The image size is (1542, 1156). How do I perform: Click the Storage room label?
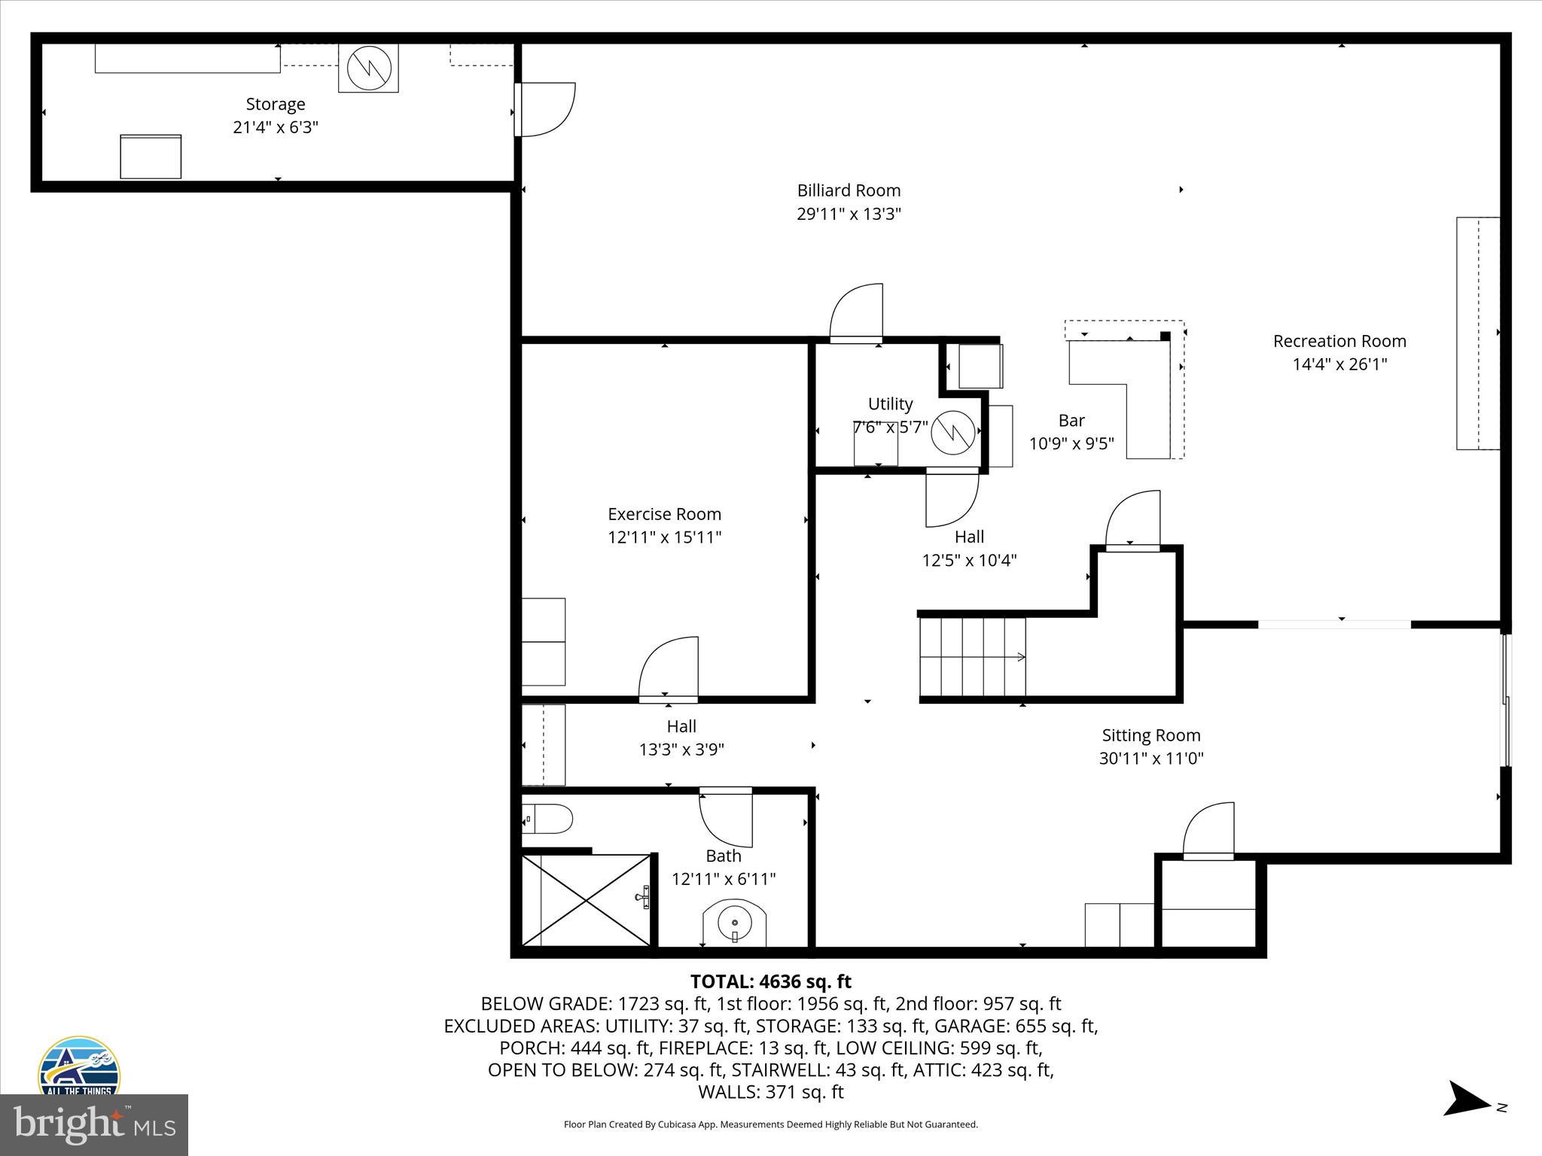(276, 104)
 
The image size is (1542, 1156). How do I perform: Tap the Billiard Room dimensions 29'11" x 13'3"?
(849, 214)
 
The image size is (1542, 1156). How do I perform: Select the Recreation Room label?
(1339, 341)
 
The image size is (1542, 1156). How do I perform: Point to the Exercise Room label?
(664, 514)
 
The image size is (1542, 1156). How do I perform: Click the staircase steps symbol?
(972, 657)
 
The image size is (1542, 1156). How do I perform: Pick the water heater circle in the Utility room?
(953, 433)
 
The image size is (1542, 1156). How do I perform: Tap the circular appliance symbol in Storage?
(369, 68)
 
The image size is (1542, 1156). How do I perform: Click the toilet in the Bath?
(548, 818)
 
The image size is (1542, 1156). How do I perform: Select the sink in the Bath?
(734, 923)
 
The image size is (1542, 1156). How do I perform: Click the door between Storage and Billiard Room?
(546, 109)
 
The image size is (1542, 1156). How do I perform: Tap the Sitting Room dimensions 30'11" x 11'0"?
(1150, 758)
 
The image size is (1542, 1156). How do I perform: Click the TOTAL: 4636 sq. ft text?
(770, 981)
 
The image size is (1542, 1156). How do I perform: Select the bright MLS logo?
(94, 1125)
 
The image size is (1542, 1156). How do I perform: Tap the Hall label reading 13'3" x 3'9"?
(681, 749)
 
